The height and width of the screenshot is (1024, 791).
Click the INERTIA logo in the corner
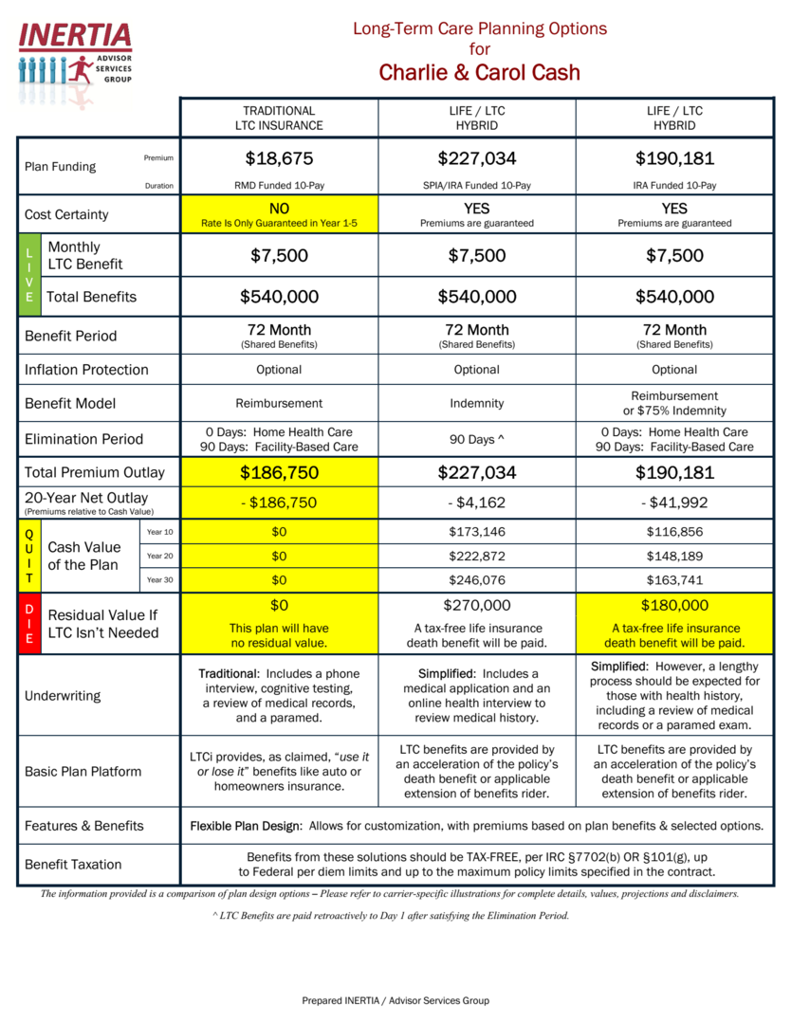click(75, 53)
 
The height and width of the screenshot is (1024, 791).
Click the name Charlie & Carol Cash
click(479, 73)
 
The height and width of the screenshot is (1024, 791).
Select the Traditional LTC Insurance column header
click(279, 118)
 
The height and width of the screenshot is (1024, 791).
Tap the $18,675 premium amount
click(279, 158)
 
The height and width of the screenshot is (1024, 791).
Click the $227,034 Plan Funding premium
click(476, 158)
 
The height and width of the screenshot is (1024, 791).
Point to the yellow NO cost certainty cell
click(279, 214)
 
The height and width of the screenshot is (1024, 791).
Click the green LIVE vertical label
click(28, 275)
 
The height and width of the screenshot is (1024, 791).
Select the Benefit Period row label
click(71, 336)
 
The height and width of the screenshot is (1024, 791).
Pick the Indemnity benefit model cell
click(476, 403)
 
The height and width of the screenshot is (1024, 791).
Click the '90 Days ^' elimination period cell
click(476, 439)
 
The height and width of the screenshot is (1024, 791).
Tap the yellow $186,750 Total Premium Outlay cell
click(279, 472)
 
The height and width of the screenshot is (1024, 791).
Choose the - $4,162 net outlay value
click(476, 503)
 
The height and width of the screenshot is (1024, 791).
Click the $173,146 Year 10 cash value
click(476, 532)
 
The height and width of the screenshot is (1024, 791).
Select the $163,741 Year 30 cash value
click(674, 579)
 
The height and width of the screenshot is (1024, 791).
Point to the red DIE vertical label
click(28, 624)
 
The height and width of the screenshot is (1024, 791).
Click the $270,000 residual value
click(476, 605)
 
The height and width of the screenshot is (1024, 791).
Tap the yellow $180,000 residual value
click(674, 605)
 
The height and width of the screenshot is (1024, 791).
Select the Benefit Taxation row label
click(73, 864)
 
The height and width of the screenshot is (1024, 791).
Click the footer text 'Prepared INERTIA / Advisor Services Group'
click(395, 1000)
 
